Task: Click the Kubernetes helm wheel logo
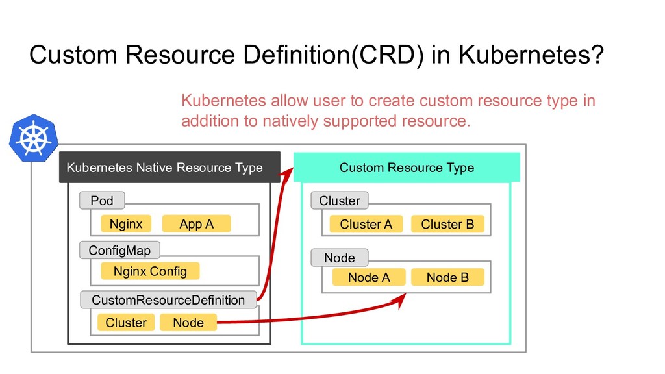[x=34, y=138]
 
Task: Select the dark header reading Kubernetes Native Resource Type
[x=169, y=167]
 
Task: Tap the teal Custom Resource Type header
[x=407, y=167]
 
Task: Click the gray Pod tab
[x=102, y=201]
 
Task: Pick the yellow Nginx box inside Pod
[x=126, y=223]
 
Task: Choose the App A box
[x=196, y=223]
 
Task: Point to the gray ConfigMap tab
[x=119, y=250]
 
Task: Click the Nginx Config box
[x=150, y=271]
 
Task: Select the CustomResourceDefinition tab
[x=168, y=300]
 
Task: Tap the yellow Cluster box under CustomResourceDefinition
[x=126, y=322]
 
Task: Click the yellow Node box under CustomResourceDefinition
[x=188, y=322]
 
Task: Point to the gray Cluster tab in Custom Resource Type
[x=339, y=201]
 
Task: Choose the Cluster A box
[x=366, y=224]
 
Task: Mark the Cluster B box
[x=447, y=224]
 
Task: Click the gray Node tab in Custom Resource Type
[x=339, y=258]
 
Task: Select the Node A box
[x=369, y=277]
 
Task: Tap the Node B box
[x=447, y=277]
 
